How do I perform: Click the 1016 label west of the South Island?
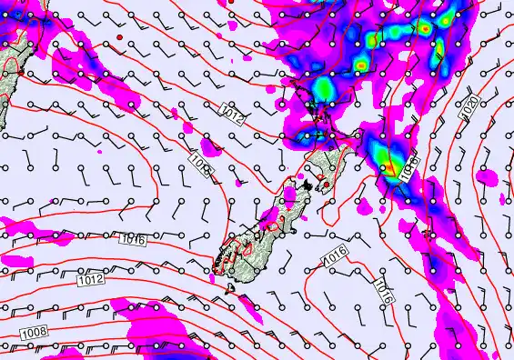(x=131, y=238)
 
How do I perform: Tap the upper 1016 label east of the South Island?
(x=333, y=259)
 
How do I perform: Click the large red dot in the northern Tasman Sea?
(x=118, y=36)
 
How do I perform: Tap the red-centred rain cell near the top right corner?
(x=424, y=28)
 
